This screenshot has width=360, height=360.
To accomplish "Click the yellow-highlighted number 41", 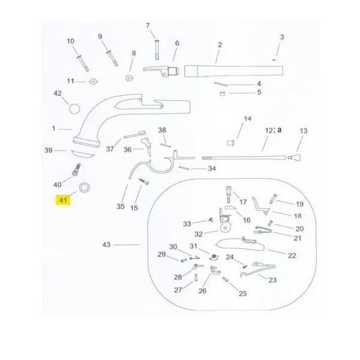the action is coord(63,200).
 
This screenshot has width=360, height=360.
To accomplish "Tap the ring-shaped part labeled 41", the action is coord(85,184).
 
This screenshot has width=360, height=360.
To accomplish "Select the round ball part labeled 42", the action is coord(74,109).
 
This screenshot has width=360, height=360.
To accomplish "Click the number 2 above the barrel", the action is coord(220,45).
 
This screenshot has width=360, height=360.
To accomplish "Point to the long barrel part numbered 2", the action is coord(233,71).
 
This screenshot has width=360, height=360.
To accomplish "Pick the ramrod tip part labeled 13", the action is coord(295,157).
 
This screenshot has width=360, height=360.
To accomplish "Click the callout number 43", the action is coord(106,245).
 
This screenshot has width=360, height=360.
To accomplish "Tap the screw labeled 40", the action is coord(76,170).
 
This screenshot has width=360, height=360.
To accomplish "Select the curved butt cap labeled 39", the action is coord(82,154).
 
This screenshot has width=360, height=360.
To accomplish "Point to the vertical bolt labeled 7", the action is coord(157,50).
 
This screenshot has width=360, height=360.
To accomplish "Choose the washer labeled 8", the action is coord(129,78).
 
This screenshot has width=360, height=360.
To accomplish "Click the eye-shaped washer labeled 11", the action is coord(94,82).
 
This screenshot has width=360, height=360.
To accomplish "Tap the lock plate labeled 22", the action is coord(240,244).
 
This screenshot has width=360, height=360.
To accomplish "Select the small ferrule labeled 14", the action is coord(230,143).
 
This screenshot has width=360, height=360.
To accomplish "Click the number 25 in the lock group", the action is coord(242,293).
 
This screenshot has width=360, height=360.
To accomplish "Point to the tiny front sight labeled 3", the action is coord(274,60).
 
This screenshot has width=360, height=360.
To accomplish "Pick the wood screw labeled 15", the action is coord(144,182).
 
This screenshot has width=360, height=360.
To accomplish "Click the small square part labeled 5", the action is coord(222,94).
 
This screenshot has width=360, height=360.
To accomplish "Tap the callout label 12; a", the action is coord(273,130).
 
